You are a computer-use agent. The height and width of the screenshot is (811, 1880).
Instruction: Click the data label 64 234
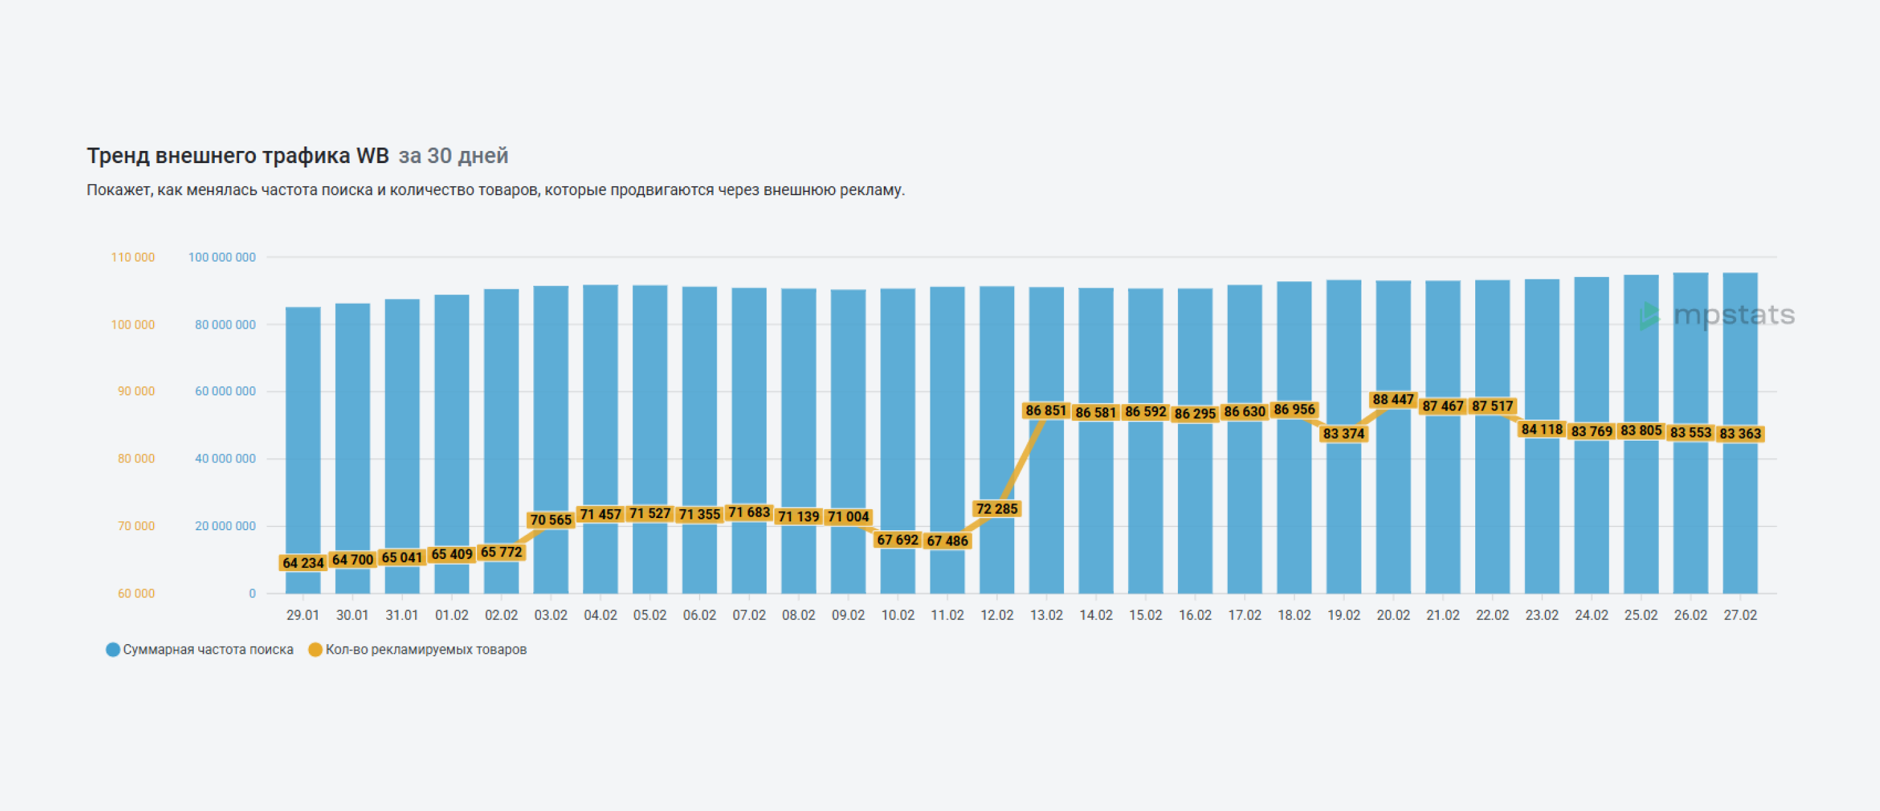tap(303, 563)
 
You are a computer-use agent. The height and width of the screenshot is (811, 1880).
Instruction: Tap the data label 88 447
tap(1393, 399)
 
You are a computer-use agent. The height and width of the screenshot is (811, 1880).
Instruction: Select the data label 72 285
tap(996, 508)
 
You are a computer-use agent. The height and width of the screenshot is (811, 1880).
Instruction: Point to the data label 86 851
tap(1046, 410)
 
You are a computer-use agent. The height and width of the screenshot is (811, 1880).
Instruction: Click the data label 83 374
tap(1343, 434)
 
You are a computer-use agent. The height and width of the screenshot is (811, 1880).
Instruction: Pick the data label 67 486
tap(946, 541)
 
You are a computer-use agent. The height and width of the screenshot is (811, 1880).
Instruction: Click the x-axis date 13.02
tap(1046, 615)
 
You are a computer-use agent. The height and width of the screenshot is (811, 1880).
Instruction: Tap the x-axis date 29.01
tap(303, 615)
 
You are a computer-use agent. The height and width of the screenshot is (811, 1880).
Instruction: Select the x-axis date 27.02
tap(1740, 615)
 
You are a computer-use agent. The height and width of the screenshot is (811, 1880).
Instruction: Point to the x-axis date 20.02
tap(1393, 615)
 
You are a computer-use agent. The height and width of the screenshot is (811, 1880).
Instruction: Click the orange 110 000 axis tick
tap(133, 257)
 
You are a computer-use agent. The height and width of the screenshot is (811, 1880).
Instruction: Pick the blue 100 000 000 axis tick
tap(222, 257)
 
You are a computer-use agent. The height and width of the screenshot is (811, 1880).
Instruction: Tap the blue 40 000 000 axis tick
tap(225, 459)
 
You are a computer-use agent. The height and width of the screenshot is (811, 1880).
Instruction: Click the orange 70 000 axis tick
tap(136, 526)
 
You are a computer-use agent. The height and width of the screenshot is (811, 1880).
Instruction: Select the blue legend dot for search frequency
tap(113, 650)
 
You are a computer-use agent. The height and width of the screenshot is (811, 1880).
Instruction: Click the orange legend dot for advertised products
tap(315, 650)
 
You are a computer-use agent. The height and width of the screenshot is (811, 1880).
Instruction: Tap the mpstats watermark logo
tap(1717, 315)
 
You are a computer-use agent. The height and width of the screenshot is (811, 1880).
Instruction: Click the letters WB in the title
tap(372, 155)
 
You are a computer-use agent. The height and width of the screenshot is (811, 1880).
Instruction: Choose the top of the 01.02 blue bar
tap(451, 296)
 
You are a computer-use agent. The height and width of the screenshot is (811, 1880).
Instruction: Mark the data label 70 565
tap(551, 520)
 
